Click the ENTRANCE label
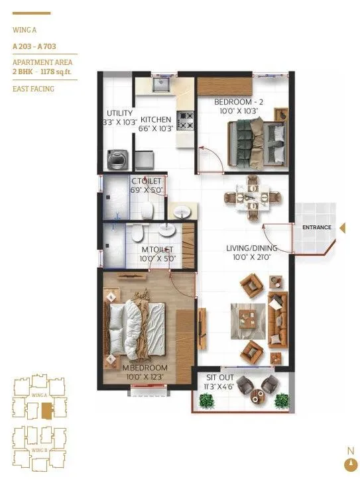pyautogui.click(x=316, y=227)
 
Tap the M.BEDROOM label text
pyautogui.click(x=145, y=368)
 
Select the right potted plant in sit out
pyautogui.click(x=282, y=400)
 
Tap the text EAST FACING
pyautogui.click(x=33, y=89)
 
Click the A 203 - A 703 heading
pyautogui.click(x=33, y=46)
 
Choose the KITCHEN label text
pyautogui.click(x=156, y=119)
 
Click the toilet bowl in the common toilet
pyautogui.click(x=149, y=210)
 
